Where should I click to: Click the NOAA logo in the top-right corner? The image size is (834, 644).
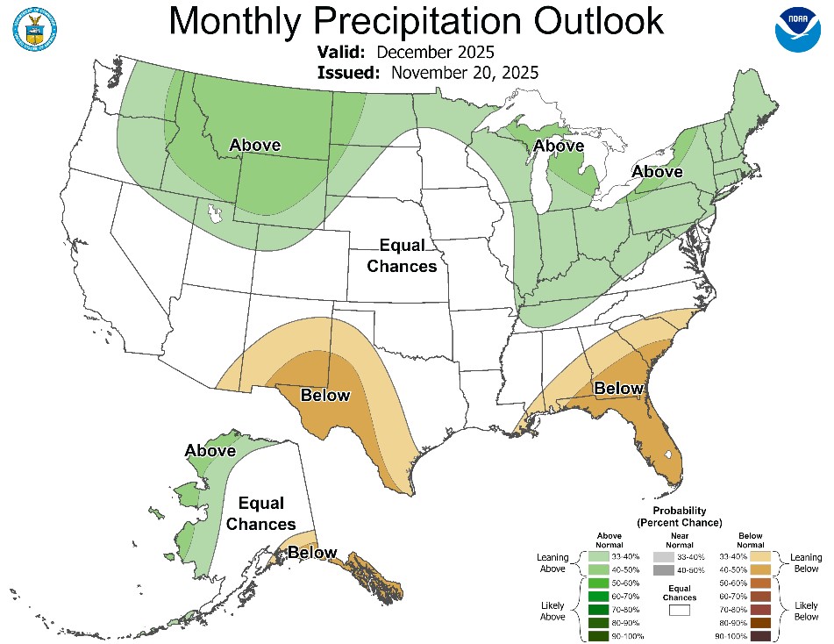[x=798, y=29]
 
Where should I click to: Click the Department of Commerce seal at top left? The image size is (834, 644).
[x=34, y=29]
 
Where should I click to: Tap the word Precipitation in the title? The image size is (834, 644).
[x=416, y=22]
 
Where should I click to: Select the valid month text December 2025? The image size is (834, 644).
[x=436, y=52]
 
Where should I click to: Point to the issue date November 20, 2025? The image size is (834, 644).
[x=464, y=72]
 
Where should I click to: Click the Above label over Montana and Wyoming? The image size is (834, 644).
[x=254, y=145]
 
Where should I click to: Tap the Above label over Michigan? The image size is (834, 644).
[x=559, y=146]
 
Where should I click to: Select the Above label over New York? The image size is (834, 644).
[x=658, y=172]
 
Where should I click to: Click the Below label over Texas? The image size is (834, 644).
[x=324, y=396]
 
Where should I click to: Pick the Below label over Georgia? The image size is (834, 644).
[x=619, y=388]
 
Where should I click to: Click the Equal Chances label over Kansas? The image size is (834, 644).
[x=402, y=254]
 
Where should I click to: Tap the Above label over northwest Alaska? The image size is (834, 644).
[x=210, y=451]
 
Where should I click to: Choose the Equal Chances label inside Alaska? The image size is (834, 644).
[x=261, y=513]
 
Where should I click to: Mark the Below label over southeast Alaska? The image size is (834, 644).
[x=312, y=553]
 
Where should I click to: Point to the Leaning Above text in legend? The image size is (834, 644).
[x=552, y=562]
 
